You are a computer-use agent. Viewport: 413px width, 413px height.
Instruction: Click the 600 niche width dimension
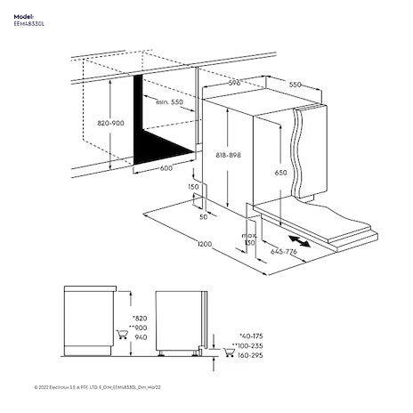166,167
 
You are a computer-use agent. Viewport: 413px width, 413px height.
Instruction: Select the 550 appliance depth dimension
295,85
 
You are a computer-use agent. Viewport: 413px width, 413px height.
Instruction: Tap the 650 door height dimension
280,171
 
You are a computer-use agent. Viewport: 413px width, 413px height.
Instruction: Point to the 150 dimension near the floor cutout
193,188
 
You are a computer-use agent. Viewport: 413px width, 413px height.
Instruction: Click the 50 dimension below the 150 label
203,216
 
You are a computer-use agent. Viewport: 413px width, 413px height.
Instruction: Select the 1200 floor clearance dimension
204,243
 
